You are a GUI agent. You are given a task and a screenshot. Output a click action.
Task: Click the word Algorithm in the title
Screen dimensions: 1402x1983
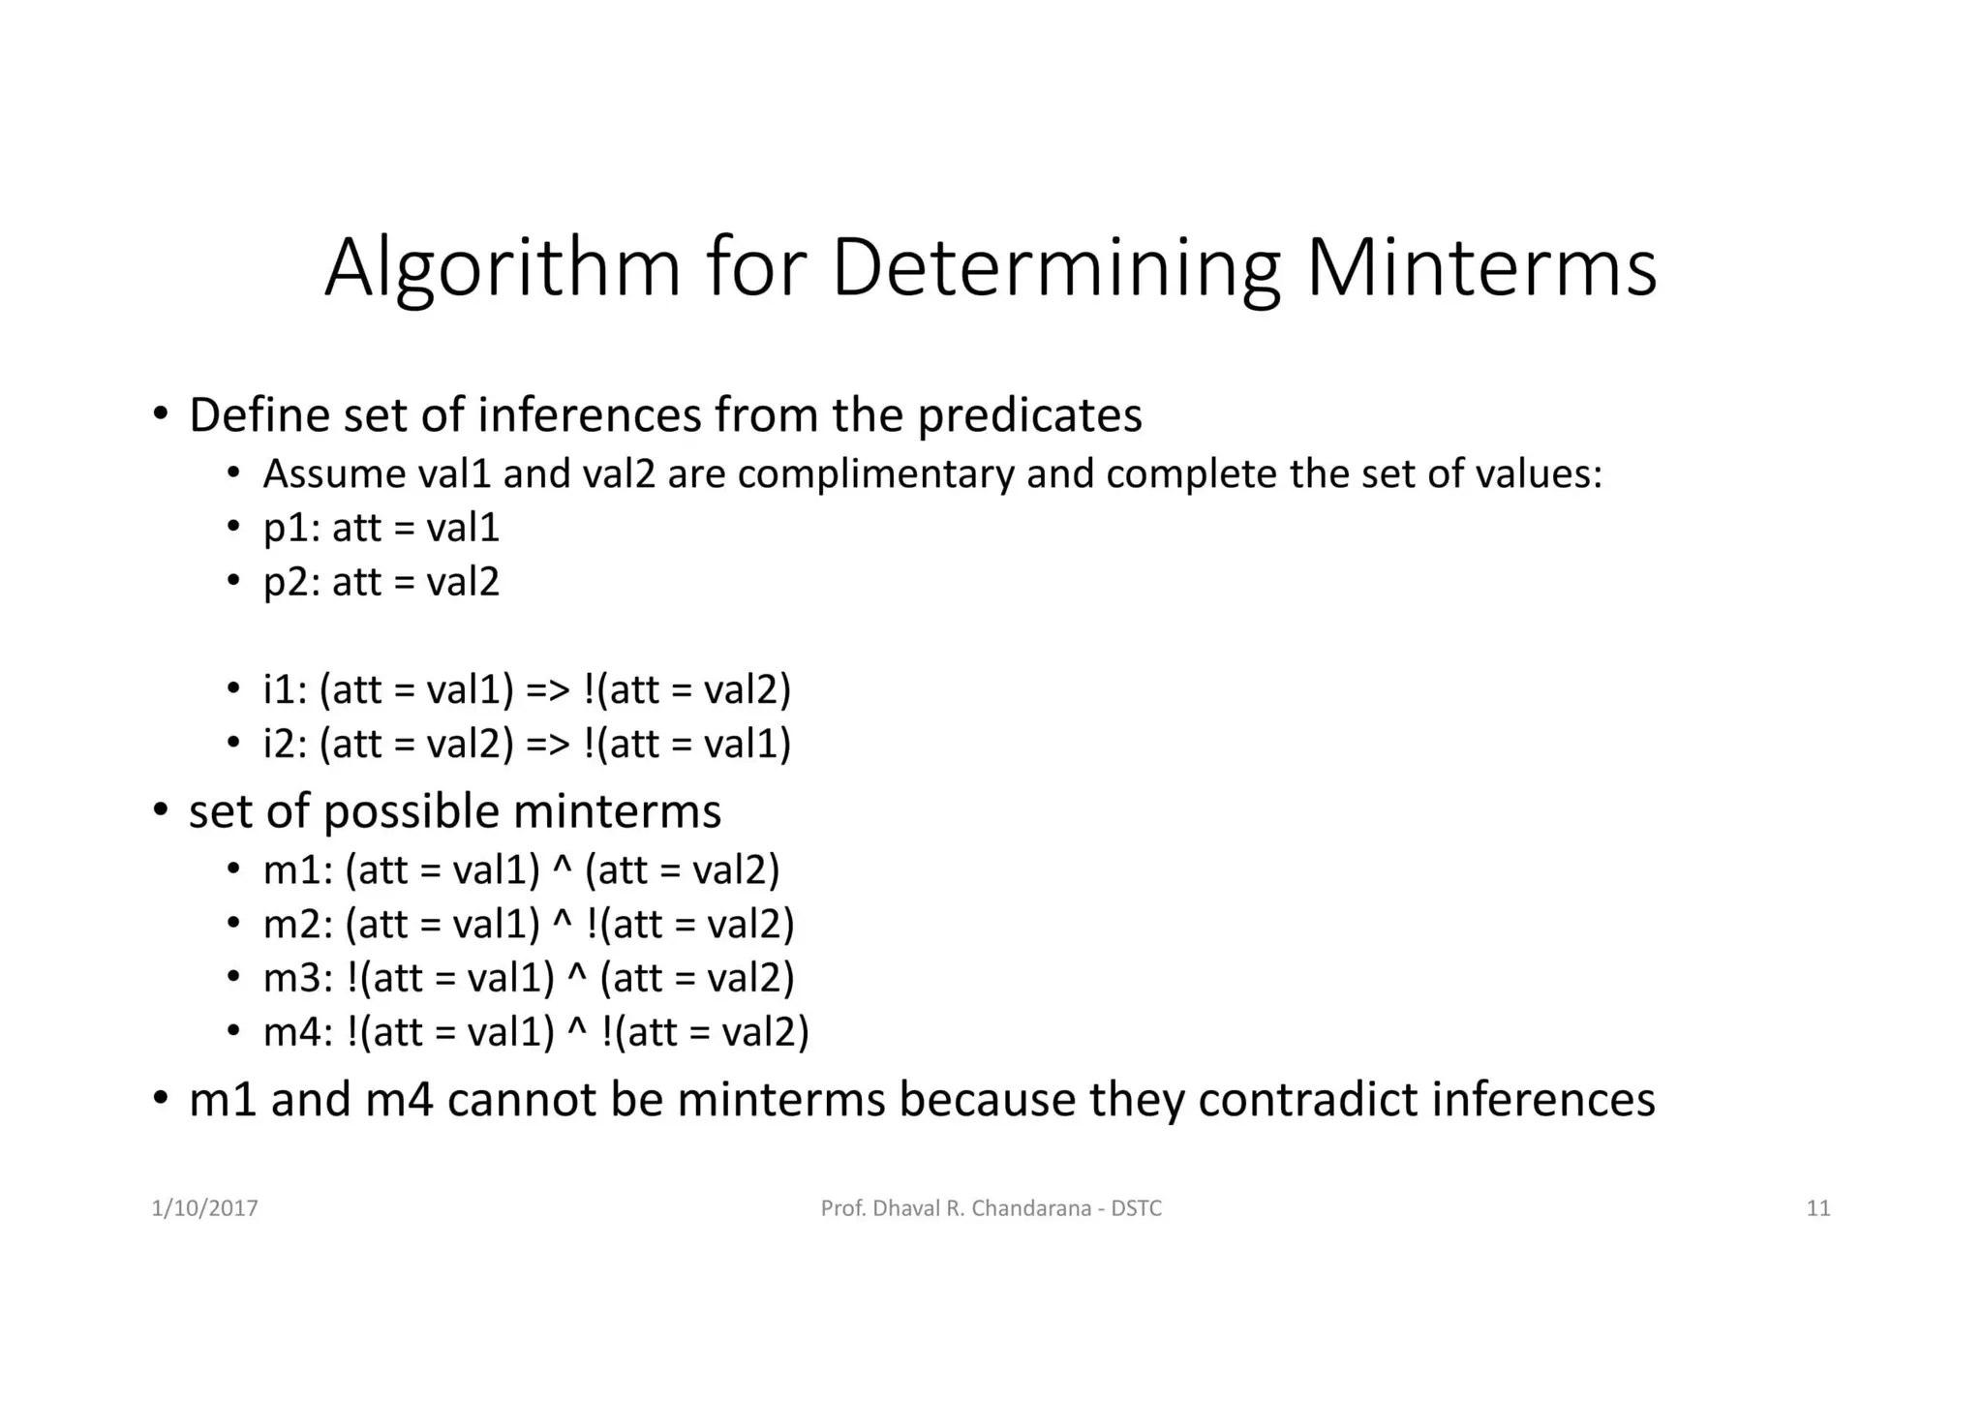point(503,268)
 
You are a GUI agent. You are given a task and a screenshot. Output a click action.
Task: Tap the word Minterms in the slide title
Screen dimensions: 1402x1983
point(1481,266)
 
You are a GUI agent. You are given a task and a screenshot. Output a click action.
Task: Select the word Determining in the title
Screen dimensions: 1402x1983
point(1056,268)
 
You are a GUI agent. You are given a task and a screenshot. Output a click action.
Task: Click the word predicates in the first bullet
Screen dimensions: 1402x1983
point(1029,416)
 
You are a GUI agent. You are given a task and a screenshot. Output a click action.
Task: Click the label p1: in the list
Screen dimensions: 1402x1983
point(291,529)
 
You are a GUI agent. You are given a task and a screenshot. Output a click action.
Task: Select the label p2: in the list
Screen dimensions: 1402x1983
point(291,583)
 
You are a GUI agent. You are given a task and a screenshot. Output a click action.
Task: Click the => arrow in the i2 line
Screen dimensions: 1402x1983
point(547,745)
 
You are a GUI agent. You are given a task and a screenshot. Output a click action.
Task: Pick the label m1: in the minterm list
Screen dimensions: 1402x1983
point(298,870)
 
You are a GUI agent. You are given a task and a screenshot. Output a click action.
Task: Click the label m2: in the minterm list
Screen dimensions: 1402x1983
point(298,925)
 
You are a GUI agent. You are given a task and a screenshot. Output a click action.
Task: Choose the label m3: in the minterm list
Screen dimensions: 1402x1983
point(298,978)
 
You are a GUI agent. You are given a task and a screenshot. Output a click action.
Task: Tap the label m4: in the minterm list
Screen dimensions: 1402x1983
point(298,1032)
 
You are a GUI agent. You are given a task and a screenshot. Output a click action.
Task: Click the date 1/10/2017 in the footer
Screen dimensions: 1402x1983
point(204,1208)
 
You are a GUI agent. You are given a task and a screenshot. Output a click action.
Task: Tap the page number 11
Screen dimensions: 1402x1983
point(1817,1208)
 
